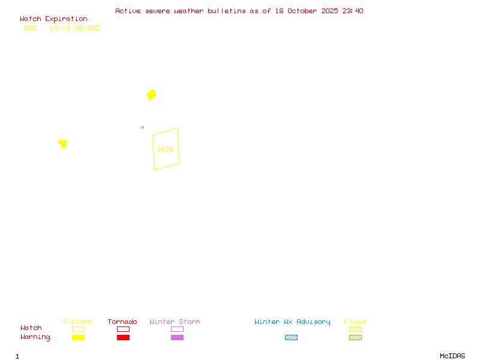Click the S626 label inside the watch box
coord(165,149)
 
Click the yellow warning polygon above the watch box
coord(152,95)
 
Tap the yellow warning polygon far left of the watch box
coord(63,143)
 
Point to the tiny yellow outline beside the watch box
coord(142,127)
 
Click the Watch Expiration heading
coord(53,19)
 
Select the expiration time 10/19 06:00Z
coord(74,28)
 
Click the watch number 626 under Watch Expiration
coord(31,28)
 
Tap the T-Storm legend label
coord(77,322)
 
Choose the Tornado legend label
coord(122,322)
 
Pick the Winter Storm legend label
coord(175,322)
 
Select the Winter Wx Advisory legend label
coord(292,322)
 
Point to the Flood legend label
coord(355,322)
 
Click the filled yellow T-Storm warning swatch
coord(78,337)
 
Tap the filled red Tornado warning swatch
coord(123,337)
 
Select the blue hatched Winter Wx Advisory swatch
coord(291,337)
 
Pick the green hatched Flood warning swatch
coord(355,337)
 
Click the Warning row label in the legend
coord(35,337)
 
